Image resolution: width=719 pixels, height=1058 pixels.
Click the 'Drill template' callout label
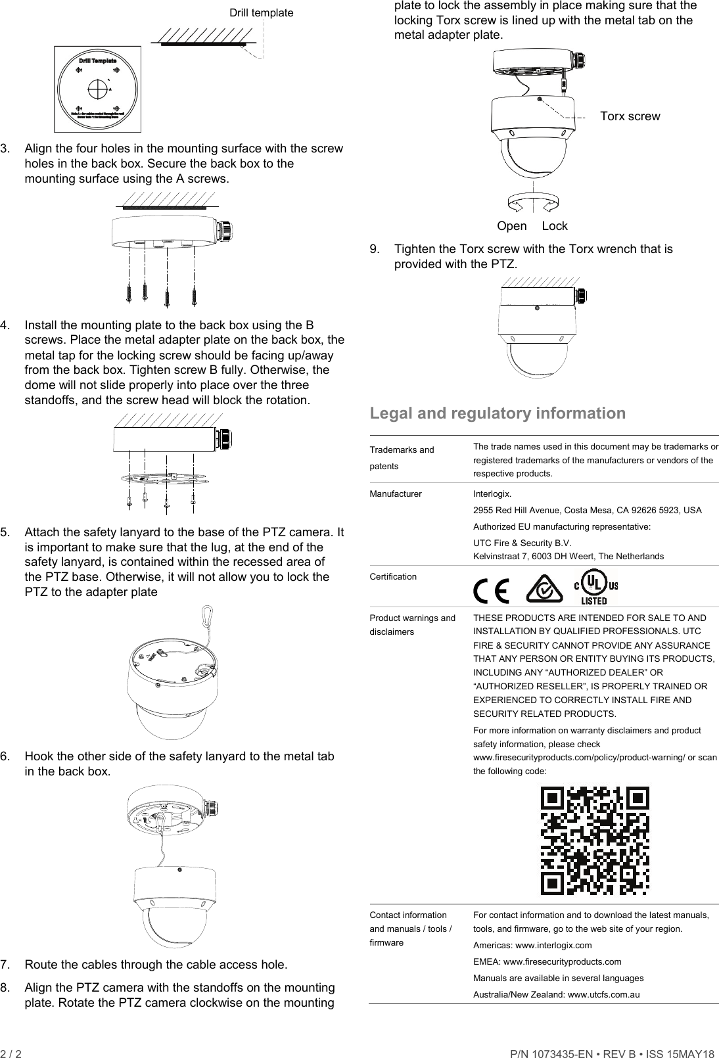point(261,12)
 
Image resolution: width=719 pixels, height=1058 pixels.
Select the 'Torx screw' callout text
point(630,116)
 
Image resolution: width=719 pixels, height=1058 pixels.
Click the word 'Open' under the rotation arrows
point(511,226)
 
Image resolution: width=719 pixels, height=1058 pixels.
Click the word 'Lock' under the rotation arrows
point(555,226)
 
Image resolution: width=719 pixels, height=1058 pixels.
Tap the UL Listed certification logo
point(596,589)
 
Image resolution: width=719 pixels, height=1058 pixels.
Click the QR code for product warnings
point(594,840)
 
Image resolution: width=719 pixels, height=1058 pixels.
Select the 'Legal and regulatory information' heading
point(498,413)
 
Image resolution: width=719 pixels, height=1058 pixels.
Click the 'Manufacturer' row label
point(396,494)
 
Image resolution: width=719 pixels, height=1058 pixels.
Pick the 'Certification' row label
point(393,576)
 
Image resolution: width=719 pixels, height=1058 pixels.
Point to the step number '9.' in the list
point(375,249)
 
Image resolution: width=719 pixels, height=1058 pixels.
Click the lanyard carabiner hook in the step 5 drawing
point(210,616)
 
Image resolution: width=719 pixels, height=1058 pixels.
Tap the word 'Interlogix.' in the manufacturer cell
point(492,494)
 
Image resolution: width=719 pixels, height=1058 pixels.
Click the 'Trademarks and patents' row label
point(402,457)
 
